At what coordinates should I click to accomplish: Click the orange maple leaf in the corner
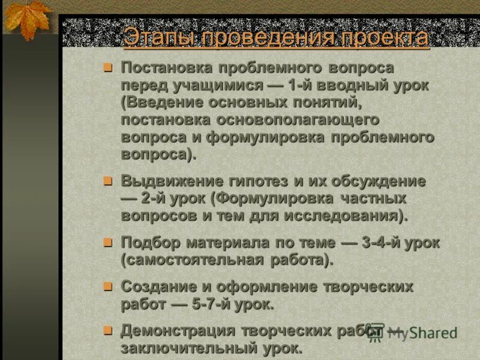tap(26, 19)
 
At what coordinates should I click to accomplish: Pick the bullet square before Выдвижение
tap(108, 180)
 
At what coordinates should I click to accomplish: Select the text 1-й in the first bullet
tap(301, 85)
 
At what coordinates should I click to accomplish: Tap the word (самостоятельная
tap(192, 260)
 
